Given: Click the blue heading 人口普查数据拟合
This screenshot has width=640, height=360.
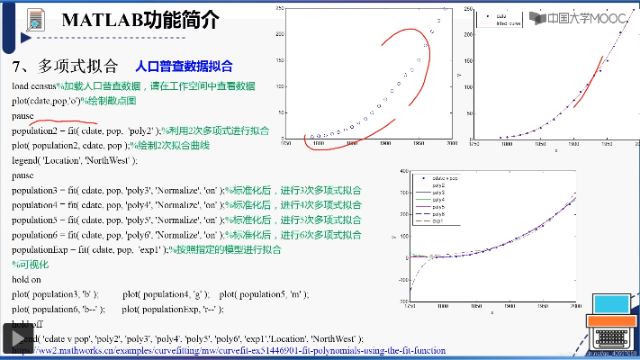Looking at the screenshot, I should click(x=184, y=66).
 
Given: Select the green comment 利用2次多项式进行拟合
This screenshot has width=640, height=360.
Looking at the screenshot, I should click(x=216, y=130).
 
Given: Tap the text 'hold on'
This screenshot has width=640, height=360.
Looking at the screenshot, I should click(x=27, y=279).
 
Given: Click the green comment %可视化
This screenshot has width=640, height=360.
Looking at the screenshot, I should click(x=28, y=265).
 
